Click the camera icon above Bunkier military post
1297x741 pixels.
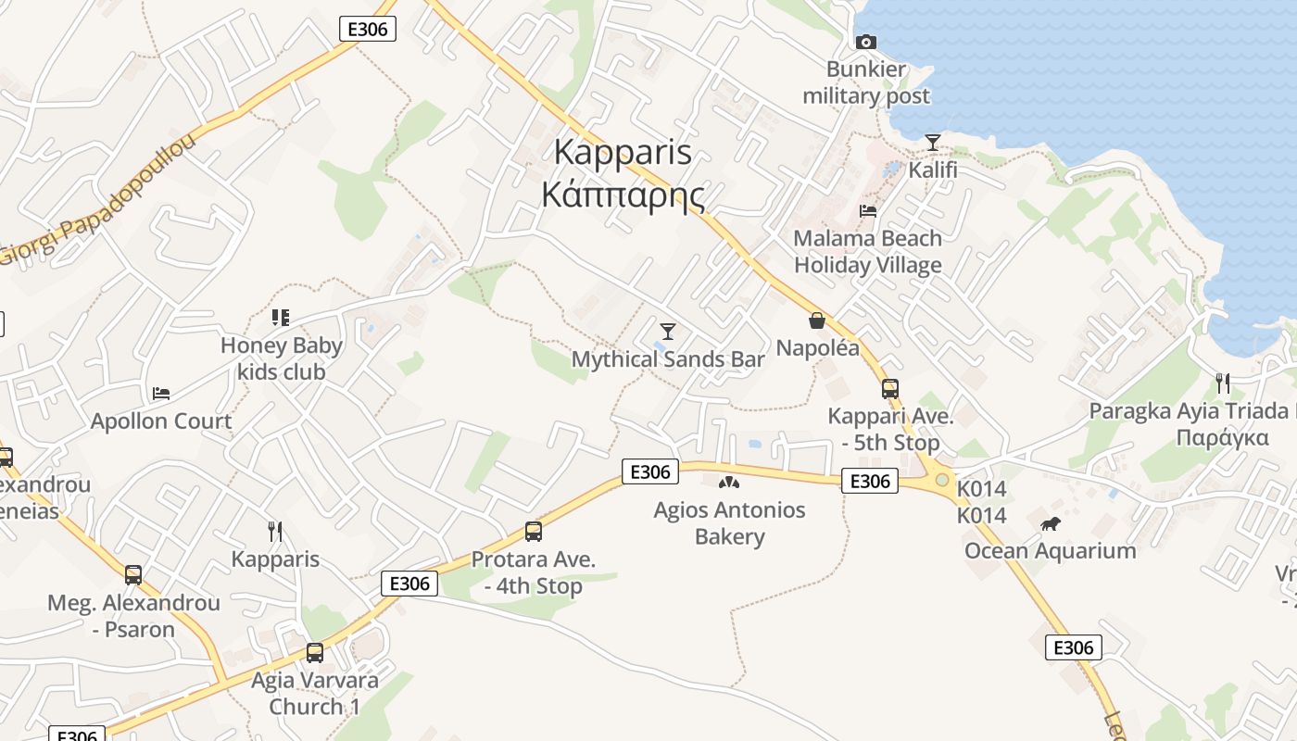pyautogui.click(x=866, y=42)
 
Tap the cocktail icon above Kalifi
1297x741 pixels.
pyautogui.click(x=933, y=143)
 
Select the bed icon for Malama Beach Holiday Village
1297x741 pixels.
pyautogui.click(x=868, y=211)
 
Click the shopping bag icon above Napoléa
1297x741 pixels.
pyautogui.click(x=817, y=320)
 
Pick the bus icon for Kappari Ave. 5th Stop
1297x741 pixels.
pyautogui.click(x=890, y=389)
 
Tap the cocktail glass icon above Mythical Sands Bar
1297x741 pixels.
pyautogui.click(x=667, y=331)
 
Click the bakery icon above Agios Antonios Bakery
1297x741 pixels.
pyautogui.click(x=729, y=483)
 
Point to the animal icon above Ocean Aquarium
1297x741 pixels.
pyautogui.click(x=1050, y=524)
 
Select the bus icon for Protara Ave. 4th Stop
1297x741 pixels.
pyautogui.click(x=534, y=532)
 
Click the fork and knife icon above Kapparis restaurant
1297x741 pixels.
pyautogui.click(x=275, y=532)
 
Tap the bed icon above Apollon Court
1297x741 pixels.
pyautogui.click(x=161, y=394)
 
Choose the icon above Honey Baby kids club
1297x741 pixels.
pyautogui.click(x=281, y=318)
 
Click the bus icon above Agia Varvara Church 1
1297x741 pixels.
pyautogui.click(x=315, y=653)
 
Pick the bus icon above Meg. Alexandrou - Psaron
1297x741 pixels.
pyautogui.click(x=133, y=575)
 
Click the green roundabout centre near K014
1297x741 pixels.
pyautogui.click(x=942, y=480)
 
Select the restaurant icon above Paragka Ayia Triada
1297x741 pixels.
pyautogui.click(x=1223, y=383)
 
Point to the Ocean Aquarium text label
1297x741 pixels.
pyautogui.click(x=1050, y=551)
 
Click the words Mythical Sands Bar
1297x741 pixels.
pyautogui.click(x=668, y=359)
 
